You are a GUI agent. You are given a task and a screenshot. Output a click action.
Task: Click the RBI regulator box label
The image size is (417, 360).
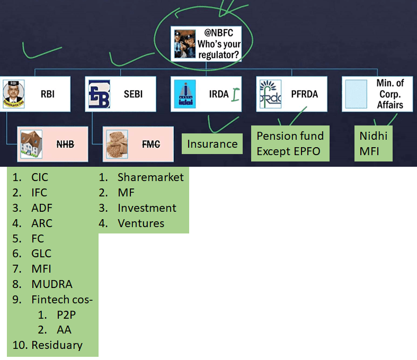coord(48,94)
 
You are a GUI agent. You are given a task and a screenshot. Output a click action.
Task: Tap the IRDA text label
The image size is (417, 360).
coord(219,94)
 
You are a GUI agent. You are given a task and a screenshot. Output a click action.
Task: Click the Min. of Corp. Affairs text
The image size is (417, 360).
coord(389,94)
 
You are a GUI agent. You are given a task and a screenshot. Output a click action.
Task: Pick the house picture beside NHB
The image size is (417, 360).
coord(31,143)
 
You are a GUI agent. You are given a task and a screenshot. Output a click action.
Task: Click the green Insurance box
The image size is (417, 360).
coord(212,144)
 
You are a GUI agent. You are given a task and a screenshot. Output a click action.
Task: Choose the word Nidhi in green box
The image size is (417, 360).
coord(373,136)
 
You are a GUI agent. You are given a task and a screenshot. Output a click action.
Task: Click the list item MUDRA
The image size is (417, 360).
coord(51,284)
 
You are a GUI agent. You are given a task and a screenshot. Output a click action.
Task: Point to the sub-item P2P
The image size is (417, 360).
coord(66,314)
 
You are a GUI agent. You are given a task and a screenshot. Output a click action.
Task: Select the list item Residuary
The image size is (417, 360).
coord(57,345)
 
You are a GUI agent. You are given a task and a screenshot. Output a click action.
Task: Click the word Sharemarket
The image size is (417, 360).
coord(150,177)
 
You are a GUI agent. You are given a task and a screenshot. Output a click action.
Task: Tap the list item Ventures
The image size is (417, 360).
coord(141,223)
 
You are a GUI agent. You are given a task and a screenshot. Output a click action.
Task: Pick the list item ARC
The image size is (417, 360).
coord(42,223)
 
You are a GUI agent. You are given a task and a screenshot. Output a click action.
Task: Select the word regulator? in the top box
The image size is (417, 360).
coord(218,53)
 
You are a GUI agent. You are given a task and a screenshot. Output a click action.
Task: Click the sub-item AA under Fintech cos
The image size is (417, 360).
coord(64,330)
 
